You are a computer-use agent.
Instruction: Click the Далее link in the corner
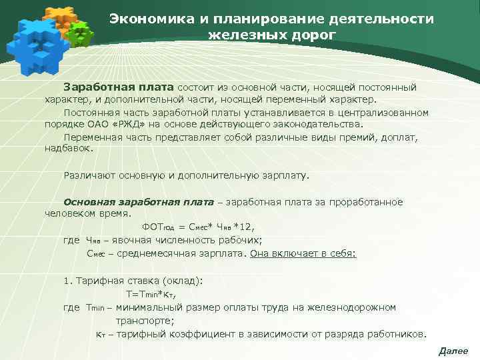click(453, 351)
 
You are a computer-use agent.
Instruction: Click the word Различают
click(90, 176)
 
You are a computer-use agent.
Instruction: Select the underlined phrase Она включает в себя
click(302, 254)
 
